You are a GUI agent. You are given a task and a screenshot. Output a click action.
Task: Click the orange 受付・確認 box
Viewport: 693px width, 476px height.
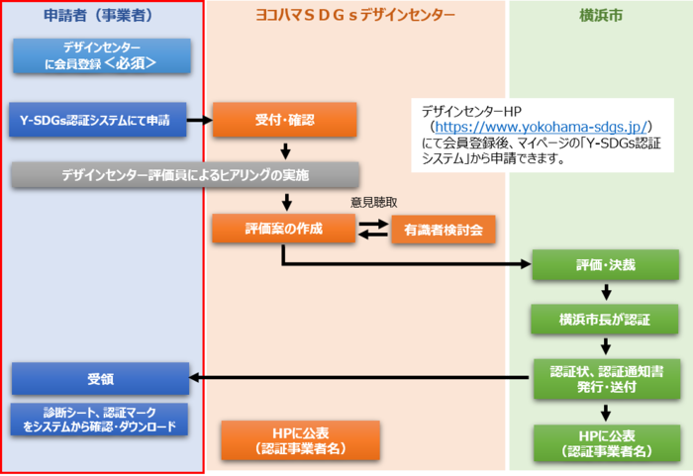point(284,121)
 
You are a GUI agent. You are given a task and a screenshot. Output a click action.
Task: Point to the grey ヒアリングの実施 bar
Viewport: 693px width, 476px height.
point(184,175)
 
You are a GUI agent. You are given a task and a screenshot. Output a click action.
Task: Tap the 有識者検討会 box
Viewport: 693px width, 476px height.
point(443,230)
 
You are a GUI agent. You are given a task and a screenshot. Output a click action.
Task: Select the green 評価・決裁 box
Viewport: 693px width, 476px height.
point(605,266)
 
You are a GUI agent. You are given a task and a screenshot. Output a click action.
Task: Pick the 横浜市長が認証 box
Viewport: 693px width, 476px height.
point(605,319)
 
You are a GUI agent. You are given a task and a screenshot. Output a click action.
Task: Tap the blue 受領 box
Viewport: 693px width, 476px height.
point(100,378)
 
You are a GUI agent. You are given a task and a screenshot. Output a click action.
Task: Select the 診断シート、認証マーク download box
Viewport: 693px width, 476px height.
point(101,420)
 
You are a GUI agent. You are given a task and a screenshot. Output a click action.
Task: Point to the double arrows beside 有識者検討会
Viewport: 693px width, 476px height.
point(372,230)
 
